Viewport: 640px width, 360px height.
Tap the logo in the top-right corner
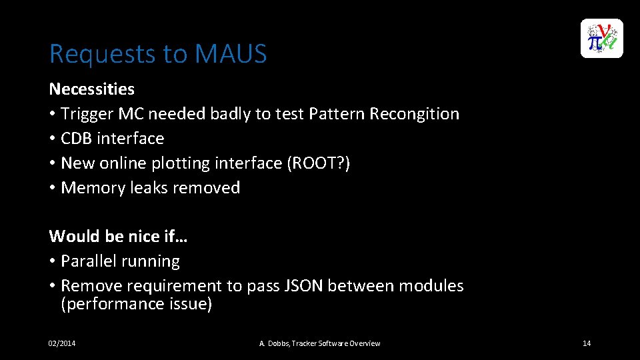601,39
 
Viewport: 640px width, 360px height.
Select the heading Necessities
91,89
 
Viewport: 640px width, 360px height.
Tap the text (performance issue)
136,304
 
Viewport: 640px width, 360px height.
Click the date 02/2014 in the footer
62,343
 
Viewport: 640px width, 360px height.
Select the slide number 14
587,343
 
